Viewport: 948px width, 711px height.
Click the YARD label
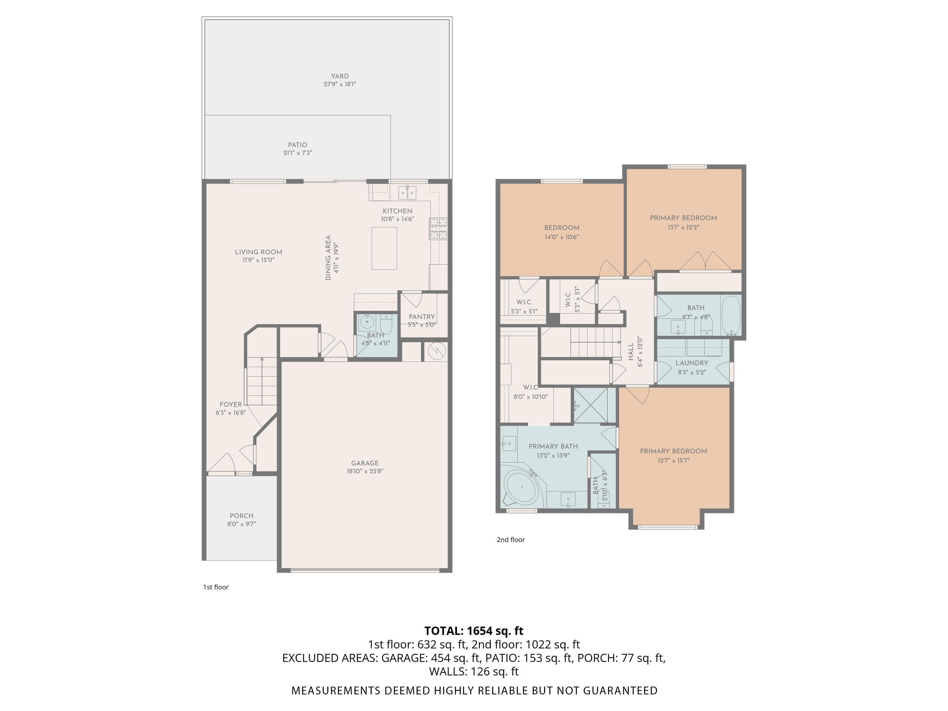pyautogui.click(x=339, y=76)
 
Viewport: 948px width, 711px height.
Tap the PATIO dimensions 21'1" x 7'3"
pyautogui.click(x=297, y=153)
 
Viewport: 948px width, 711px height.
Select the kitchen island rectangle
pyautogui.click(x=384, y=248)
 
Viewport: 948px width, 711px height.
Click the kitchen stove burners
pyautogui.click(x=438, y=228)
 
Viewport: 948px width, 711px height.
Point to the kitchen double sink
pyautogui.click(x=407, y=193)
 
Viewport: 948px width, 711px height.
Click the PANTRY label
pyautogui.click(x=422, y=317)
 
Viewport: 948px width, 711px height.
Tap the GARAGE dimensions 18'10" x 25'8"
pyautogui.click(x=365, y=471)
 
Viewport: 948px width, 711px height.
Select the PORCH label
pyautogui.click(x=241, y=516)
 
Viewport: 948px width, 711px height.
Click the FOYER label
pyautogui.click(x=231, y=404)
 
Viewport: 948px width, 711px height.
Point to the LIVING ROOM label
pyautogui.click(x=258, y=252)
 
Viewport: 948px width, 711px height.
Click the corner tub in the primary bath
pyautogui.click(x=522, y=488)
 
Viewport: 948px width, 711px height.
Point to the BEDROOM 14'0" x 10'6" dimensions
pyautogui.click(x=562, y=237)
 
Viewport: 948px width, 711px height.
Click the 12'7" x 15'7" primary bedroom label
pyautogui.click(x=673, y=451)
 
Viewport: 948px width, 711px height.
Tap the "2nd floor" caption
pyautogui.click(x=510, y=540)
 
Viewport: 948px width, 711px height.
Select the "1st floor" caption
pyautogui.click(x=216, y=587)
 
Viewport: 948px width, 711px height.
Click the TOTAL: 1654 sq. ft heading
pyautogui.click(x=474, y=631)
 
